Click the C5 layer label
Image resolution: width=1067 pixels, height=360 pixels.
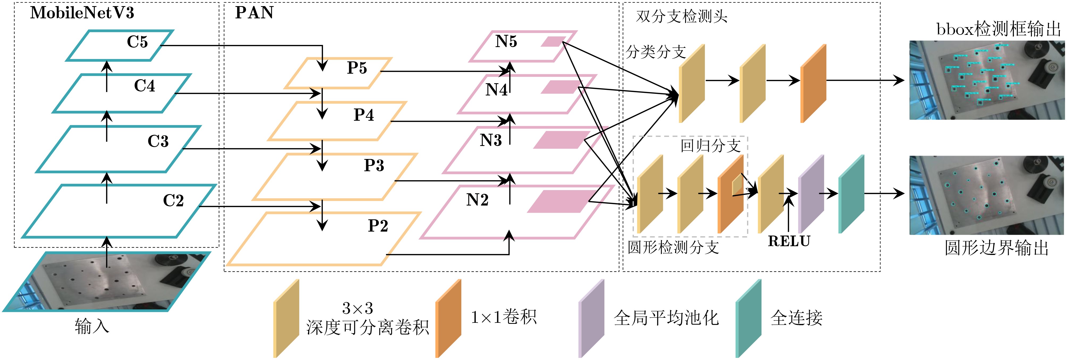137,42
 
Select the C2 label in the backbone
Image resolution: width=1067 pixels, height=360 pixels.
173,200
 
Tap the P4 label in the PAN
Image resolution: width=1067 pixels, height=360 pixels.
364,115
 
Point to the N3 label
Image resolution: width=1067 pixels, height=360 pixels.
490,140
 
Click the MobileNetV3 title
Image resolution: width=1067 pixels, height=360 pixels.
82,13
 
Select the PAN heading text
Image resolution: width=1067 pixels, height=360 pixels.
254,13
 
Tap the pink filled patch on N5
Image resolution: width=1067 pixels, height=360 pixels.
553,41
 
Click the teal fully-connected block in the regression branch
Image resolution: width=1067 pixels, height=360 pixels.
851,194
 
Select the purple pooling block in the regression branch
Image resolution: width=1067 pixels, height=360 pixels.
811,194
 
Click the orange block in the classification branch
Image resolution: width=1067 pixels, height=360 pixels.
813,83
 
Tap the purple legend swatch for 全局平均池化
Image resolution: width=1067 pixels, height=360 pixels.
591,318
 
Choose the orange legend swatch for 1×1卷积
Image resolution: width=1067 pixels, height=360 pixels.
448,318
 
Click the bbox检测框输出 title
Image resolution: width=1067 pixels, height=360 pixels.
998,29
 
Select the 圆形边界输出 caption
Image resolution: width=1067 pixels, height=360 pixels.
996,248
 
